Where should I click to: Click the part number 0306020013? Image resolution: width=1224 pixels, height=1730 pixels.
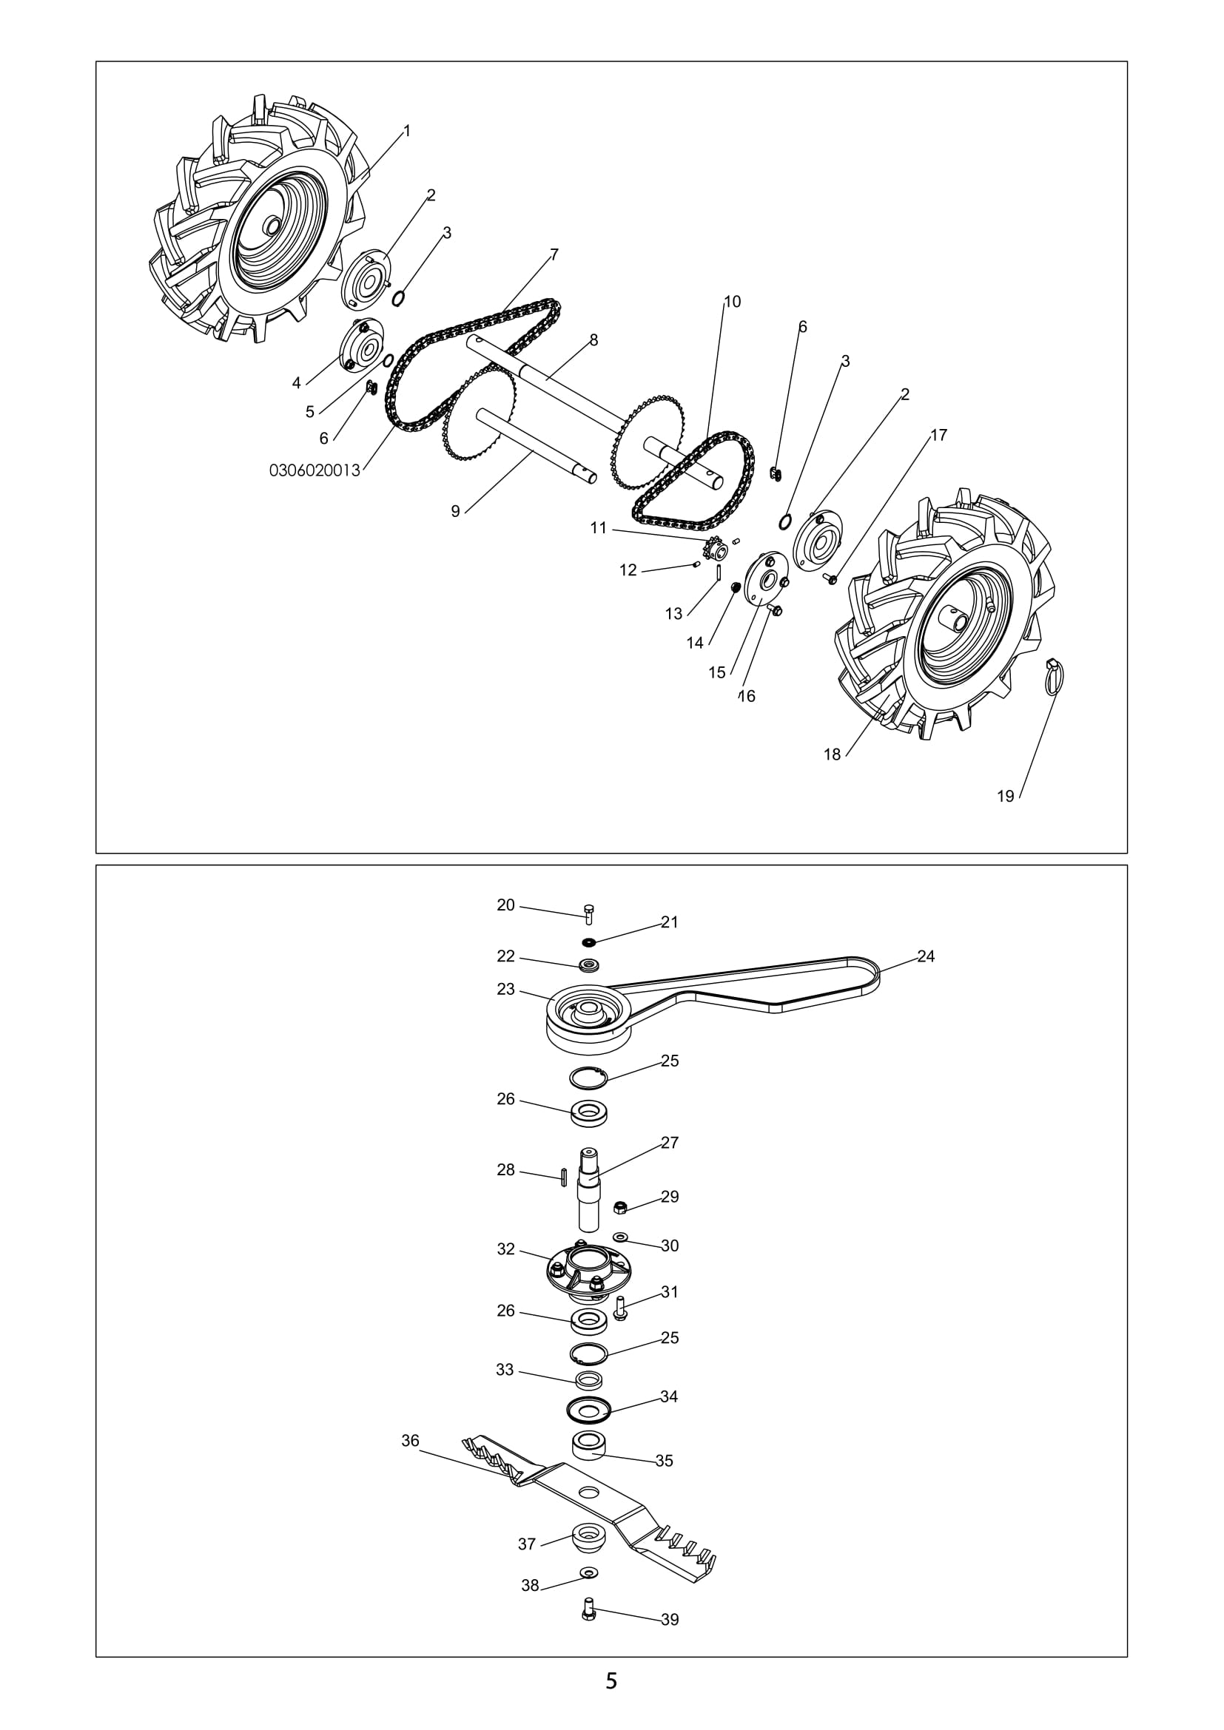click(x=315, y=470)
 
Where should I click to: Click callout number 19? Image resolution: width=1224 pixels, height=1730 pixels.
click(x=1006, y=797)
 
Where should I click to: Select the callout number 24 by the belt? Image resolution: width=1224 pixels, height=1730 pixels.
click(x=926, y=956)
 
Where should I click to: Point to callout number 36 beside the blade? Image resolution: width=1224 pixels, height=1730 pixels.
click(x=410, y=1441)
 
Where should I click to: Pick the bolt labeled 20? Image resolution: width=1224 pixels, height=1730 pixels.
click(x=589, y=913)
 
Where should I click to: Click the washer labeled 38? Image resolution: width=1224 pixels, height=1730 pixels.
click(x=588, y=1572)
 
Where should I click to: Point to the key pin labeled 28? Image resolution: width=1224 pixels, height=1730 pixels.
click(x=563, y=1177)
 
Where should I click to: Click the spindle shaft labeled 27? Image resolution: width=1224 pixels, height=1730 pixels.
click(x=588, y=1189)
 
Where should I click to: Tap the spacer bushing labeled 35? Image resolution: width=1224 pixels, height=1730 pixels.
click(x=588, y=1446)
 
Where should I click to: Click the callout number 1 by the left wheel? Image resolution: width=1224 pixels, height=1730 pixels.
click(x=407, y=131)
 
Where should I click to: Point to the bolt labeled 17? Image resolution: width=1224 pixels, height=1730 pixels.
click(x=829, y=578)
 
